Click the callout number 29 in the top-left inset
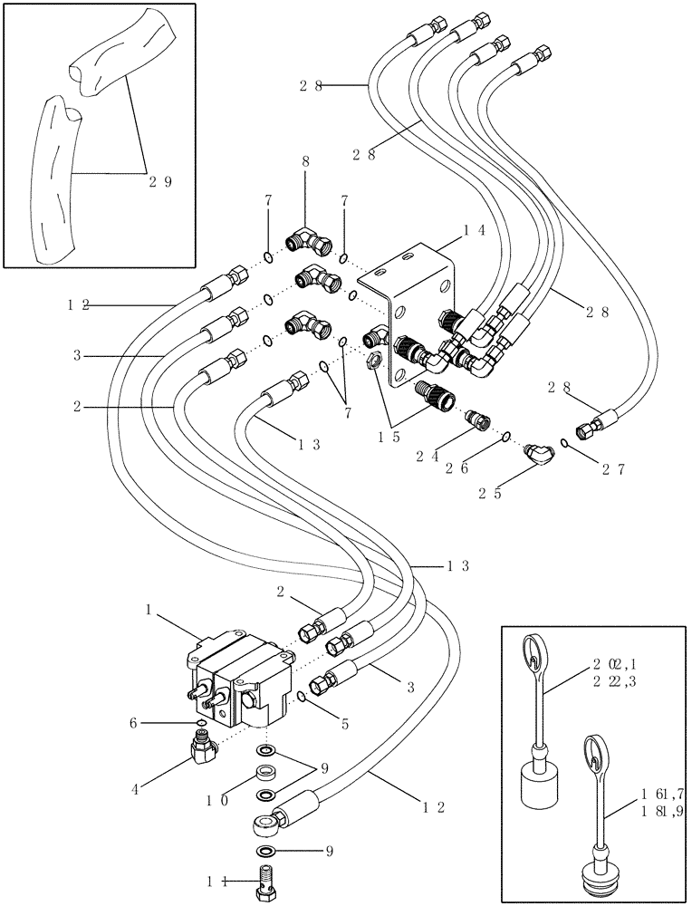(x=160, y=181)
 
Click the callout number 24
(x=428, y=457)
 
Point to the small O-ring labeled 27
(x=565, y=443)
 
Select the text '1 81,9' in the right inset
(x=660, y=810)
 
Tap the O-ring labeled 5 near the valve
(x=300, y=695)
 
